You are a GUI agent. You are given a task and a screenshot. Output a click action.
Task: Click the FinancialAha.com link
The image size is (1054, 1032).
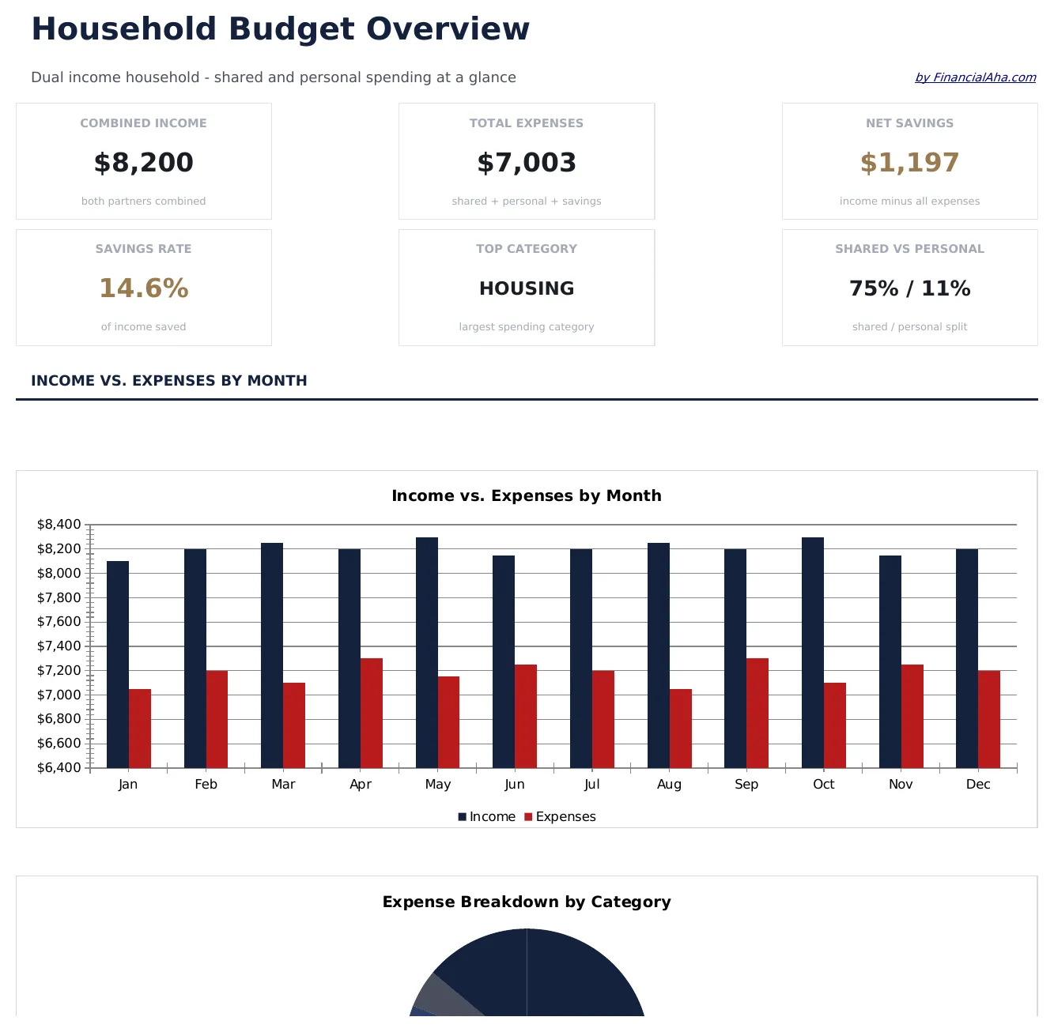tap(975, 77)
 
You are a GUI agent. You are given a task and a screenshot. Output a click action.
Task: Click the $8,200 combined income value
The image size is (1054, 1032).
tap(143, 163)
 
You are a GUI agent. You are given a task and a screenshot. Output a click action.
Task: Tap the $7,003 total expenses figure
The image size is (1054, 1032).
tap(527, 163)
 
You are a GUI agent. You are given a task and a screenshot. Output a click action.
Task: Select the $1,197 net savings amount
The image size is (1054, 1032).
tap(909, 163)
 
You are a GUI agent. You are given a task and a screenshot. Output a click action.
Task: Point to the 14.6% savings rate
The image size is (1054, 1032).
tap(143, 288)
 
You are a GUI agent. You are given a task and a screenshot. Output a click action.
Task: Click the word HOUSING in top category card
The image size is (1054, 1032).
tap(527, 288)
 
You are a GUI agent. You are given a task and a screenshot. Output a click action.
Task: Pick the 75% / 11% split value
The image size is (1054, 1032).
tap(909, 288)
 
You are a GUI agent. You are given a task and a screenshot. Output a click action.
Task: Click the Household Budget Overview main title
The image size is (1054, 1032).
tap(280, 29)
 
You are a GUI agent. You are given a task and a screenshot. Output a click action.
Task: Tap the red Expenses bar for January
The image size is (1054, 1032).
tap(140, 728)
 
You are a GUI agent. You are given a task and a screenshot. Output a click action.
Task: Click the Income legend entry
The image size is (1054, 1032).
tap(486, 817)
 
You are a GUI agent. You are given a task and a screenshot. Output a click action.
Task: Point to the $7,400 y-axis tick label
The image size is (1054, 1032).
tap(59, 646)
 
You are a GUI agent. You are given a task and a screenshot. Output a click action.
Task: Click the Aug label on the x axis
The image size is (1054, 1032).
tap(669, 785)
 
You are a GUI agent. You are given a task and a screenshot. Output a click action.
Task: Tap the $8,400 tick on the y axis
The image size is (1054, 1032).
tap(59, 525)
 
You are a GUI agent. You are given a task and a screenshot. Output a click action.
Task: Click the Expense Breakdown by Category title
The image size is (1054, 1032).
tap(527, 902)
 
